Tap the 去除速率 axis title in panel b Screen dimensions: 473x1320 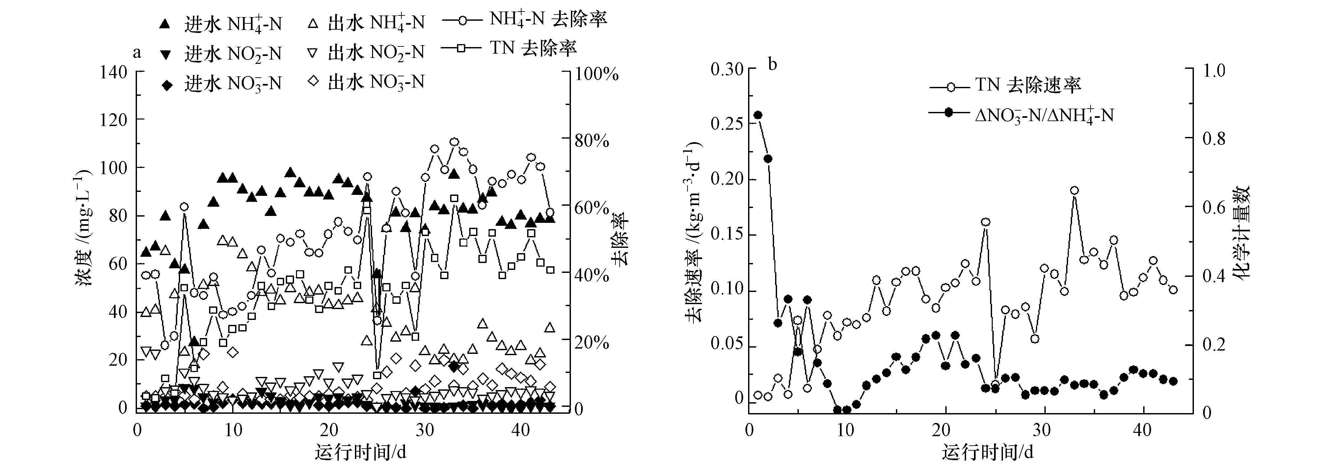click(x=694, y=233)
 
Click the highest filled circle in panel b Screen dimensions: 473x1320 click(x=758, y=115)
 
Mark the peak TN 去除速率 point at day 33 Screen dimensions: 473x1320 click(x=1075, y=191)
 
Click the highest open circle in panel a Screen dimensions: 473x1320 click(x=454, y=142)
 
